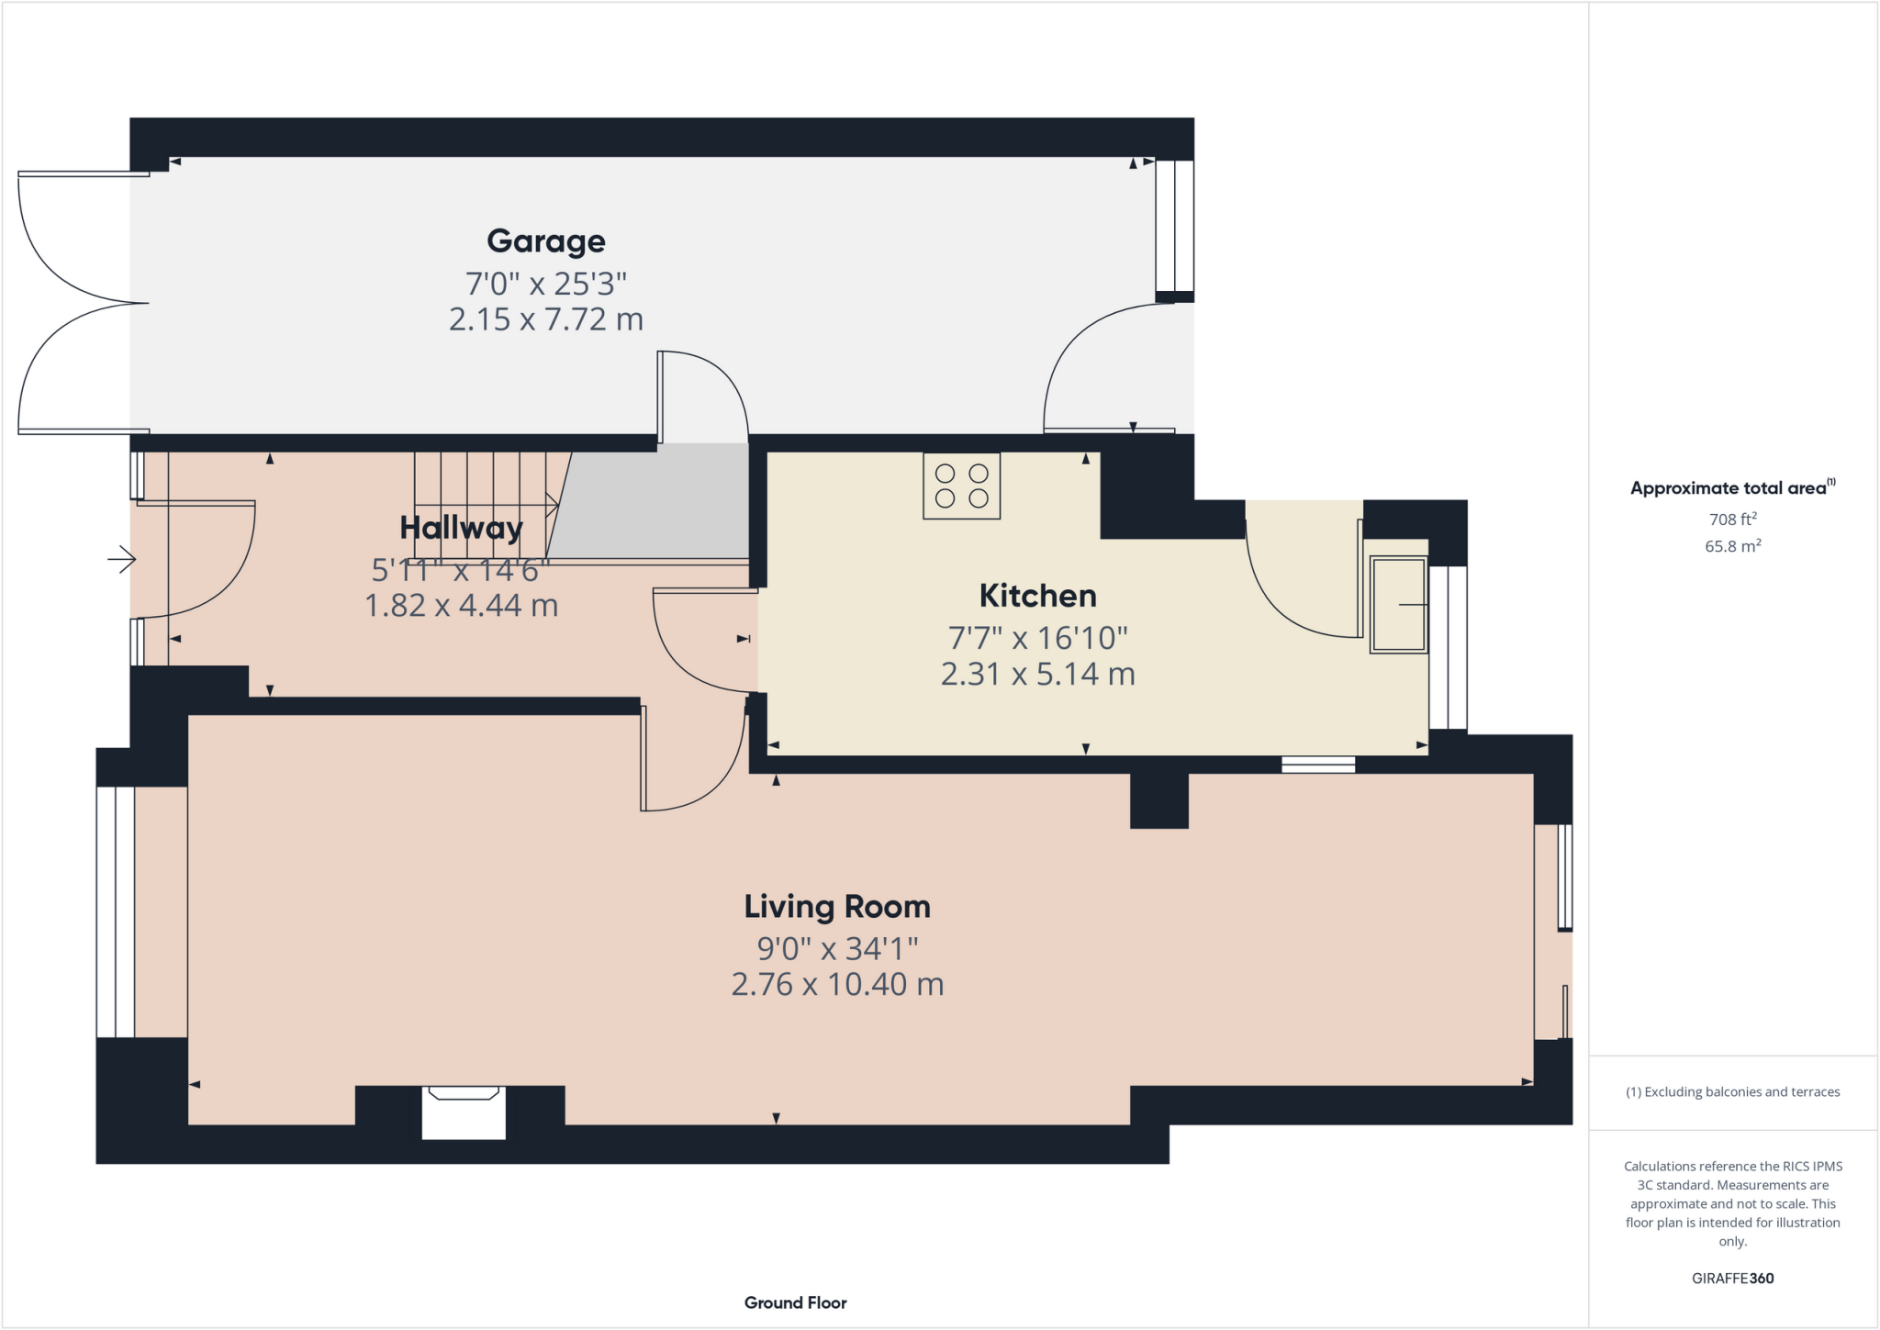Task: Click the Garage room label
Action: (545, 240)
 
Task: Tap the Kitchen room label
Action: (1037, 596)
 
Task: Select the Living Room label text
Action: (836, 907)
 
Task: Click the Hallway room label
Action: (461, 528)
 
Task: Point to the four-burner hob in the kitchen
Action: (961, 486)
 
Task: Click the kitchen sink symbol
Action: (1397, 605)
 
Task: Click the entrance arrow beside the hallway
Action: (122, 558)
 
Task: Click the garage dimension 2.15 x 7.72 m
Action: (545, 319)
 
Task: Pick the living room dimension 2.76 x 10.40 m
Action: (836, 985)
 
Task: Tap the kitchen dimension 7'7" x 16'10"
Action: (1037, 637)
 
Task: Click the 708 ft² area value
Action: (1732, 520)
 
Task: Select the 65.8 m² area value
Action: (1732, 546)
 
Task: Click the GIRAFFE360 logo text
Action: (1732, 1279)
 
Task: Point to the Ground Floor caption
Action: (795, 1302)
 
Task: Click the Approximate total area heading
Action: (1731, 488)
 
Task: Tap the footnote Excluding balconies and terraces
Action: (1732, 1092)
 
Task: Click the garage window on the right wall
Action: (1174, 226)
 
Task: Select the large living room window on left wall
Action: (116, 911)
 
